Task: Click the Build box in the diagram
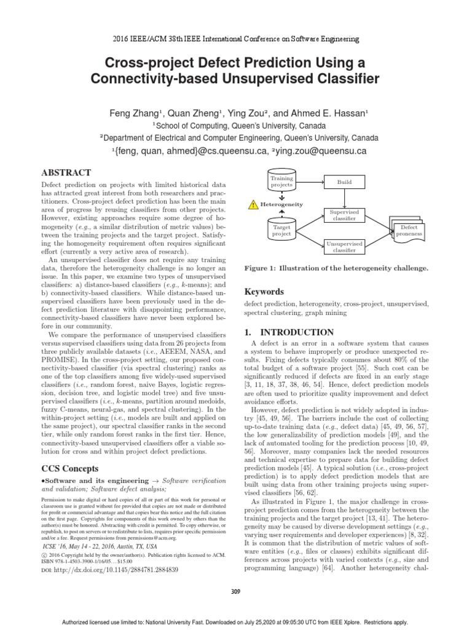[345, 183]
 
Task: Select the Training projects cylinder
[282, 181]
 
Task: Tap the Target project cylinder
[282, 230]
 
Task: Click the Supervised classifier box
[345, 215]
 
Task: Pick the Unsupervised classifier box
[345, 247]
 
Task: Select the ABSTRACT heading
[66, 172]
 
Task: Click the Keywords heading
[265, 291]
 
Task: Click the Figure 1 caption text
[336, 269]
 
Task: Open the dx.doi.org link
[114, 570]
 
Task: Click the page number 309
[236, 591]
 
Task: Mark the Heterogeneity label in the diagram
[281, 204]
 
